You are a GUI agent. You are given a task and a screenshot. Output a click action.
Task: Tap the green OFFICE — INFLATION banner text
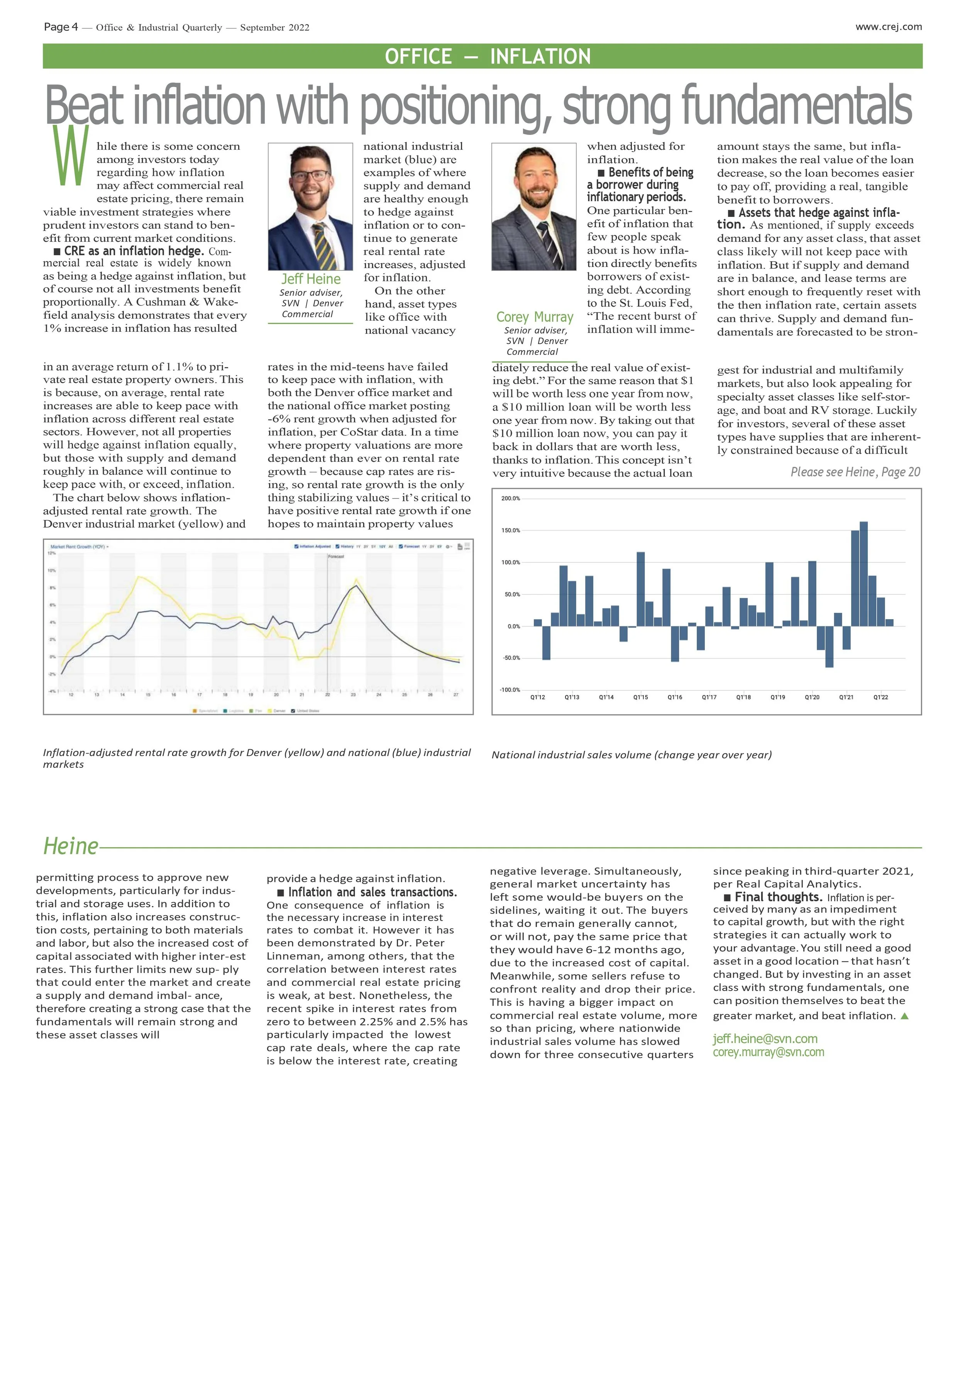(488, 56)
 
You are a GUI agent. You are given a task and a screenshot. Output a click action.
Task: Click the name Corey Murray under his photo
(535, 317)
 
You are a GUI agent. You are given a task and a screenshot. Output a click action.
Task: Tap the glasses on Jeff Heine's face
(310, 176)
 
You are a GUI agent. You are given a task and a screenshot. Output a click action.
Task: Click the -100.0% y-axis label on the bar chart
(510, 689)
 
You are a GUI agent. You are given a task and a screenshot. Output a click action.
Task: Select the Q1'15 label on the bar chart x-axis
(640, 697)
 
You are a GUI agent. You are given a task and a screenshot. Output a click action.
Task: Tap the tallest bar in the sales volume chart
(863, 573)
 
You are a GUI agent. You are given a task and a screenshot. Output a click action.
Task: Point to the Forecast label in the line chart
(336, 556)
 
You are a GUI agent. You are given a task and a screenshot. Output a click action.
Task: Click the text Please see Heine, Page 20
(855, 472)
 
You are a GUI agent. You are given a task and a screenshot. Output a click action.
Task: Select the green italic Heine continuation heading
(71, 846)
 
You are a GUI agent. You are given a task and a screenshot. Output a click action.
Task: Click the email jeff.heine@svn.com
(765, 1038)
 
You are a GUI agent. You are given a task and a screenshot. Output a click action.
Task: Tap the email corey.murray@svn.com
(768, 1052)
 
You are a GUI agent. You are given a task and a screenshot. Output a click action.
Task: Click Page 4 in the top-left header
(61, 27)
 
